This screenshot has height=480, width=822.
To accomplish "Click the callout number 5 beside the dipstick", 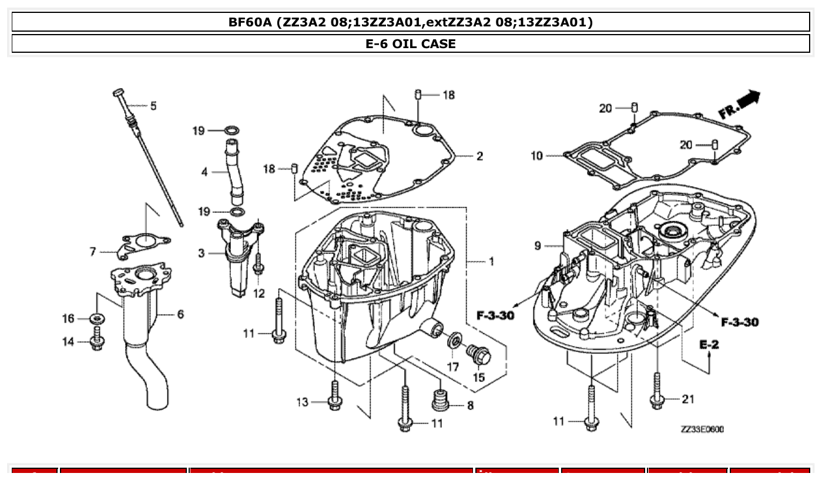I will tap(153, 106).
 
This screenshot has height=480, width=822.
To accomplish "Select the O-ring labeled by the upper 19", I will tap(231, 130).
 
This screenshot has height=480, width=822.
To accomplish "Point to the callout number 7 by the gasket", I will tap(93, 252).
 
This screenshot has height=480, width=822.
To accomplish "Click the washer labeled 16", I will tap(96, 319).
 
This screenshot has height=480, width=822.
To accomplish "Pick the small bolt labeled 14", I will tap(98, 342).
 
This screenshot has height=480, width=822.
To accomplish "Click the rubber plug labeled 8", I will tap(439, 398).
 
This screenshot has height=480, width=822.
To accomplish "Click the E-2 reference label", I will tap(709, 344).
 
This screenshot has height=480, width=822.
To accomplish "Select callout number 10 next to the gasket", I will tap(537, 156).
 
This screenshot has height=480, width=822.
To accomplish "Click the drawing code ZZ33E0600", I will tap(702, 430).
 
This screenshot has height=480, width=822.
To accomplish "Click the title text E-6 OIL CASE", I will tap(411, 43).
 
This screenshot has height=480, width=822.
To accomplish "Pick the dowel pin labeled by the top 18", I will tap(418, 94).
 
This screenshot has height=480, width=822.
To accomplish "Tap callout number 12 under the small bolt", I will tap(259, 293).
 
